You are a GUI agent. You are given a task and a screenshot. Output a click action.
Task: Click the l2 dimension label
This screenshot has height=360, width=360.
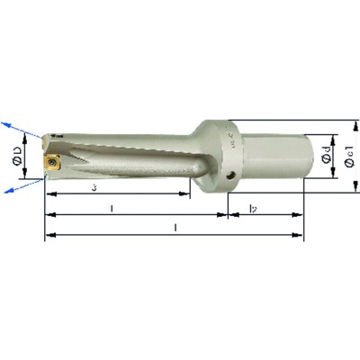pyautogui.click(x=253, y=210)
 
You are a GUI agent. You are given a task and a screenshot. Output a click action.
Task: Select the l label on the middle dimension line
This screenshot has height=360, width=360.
pyautogui.click(x=110, y=209)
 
